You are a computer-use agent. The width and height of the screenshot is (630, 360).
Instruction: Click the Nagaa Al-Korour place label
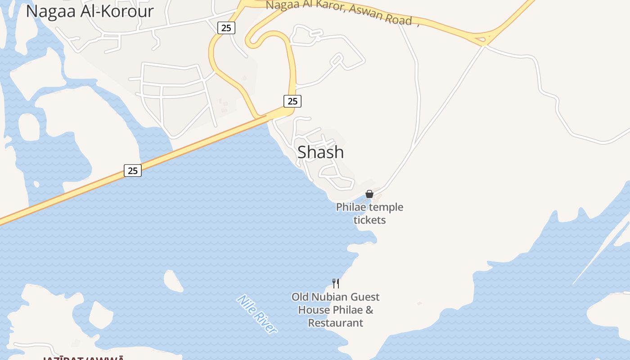(x=90, y=11)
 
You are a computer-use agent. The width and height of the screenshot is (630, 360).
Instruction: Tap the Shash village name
(x=320, y=153)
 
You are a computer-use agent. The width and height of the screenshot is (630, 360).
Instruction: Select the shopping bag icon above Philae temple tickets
(x=369, y=194)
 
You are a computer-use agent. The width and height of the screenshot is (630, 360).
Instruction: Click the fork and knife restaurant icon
(x=336, y=283)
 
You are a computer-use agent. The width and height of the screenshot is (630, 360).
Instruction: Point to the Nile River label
(x=257, y=314)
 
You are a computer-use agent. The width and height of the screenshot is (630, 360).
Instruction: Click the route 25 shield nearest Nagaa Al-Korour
(x=226, y=28)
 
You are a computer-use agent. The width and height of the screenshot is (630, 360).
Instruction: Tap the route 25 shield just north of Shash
(x=292, y=101)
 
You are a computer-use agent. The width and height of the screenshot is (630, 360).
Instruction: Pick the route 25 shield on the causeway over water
(x=133, y=171)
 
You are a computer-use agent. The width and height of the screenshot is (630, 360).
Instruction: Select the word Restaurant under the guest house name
(x=335, y=323)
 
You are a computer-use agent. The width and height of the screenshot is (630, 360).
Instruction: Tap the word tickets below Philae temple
(x=369, y=220)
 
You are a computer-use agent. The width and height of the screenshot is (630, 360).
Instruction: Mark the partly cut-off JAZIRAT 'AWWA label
(x=84, y=358)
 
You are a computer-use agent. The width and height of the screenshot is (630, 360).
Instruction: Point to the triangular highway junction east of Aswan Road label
(x=483, y=39)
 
